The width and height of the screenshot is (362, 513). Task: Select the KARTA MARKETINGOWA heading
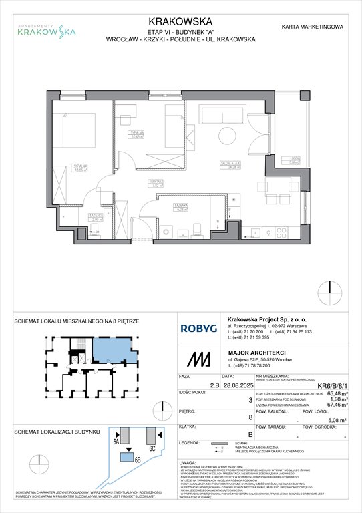pyautogui.click(x=313, y=27)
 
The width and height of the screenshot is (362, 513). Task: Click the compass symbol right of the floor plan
pyautogui.click(x=327, y=289)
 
